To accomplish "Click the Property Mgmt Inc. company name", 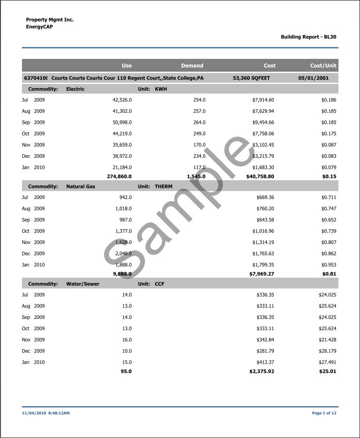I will point(50,20).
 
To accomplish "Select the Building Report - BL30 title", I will point(309,37).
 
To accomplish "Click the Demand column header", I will point(192,65).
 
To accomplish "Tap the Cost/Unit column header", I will point(323,65).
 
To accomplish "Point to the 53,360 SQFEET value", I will point(251,78).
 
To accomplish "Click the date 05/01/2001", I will point(313,78).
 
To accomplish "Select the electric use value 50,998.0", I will point(122,123).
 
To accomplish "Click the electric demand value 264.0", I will point(199,123).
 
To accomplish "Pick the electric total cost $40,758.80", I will point(260,177).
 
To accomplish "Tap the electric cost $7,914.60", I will point(263,100).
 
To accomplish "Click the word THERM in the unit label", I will point(164,187).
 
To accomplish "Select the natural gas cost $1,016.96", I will point(263,231).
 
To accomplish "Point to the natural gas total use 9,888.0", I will point(122,274).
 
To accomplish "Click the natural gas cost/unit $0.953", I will point(329,265).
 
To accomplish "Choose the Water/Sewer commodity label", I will point(83,284).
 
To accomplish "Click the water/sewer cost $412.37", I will point(265,362).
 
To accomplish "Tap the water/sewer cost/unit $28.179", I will point(327,351).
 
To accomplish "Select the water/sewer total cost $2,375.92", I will point(262,372).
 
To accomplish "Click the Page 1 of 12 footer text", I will point(324,413).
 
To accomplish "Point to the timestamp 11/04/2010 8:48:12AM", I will point(46,413).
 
